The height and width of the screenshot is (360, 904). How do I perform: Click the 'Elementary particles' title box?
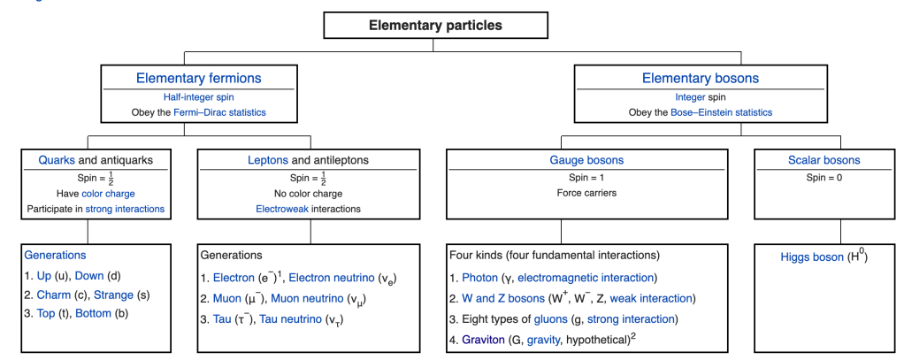[435, 25]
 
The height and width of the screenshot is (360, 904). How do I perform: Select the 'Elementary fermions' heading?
[198, 78]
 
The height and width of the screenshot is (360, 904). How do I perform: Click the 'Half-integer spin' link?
[198, 96]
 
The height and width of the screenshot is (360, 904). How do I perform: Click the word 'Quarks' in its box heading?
[57, 160]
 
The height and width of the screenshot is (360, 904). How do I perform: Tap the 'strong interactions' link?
[125, 209]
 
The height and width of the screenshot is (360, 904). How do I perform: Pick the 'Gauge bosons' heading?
[593, 160]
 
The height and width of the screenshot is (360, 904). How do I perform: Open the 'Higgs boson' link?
[811, 257]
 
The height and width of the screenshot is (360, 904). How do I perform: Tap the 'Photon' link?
[480, 278]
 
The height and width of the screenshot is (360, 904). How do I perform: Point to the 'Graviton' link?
[485, 339]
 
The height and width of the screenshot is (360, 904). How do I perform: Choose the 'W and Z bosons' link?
[507, 298]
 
